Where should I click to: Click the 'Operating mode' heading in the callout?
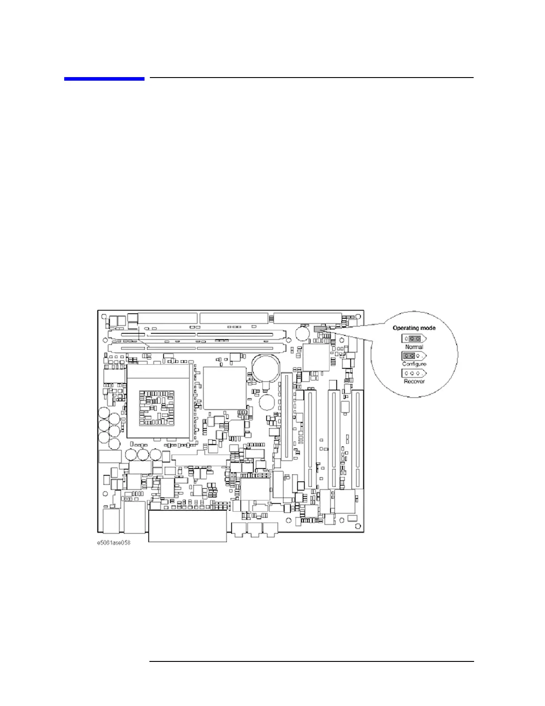coord(414,328)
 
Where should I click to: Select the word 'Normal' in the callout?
coord(414,347)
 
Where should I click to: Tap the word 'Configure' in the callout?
coord(414,364)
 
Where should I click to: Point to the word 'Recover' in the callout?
coord(414,382)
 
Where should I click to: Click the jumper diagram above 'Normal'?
coord(414,339)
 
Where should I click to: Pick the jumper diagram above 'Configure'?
coord(414,356)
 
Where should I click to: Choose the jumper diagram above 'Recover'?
coord(414,374)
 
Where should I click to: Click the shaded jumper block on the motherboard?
coord(320,329)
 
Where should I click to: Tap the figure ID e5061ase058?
coord(114,543)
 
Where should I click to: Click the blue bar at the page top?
coord(104,79)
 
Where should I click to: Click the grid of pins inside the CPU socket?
coord(156,407)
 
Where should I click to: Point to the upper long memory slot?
coord(196,334)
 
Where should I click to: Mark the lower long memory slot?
coord(196,347)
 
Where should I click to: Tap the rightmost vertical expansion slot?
coord(357,439)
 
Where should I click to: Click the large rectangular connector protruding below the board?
coord(187,526)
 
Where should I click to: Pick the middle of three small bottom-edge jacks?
coord(255,529)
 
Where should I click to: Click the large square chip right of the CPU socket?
coord(224,388)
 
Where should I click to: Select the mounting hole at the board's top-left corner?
coord(104,316)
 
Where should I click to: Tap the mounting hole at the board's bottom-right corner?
coord(358,526)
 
